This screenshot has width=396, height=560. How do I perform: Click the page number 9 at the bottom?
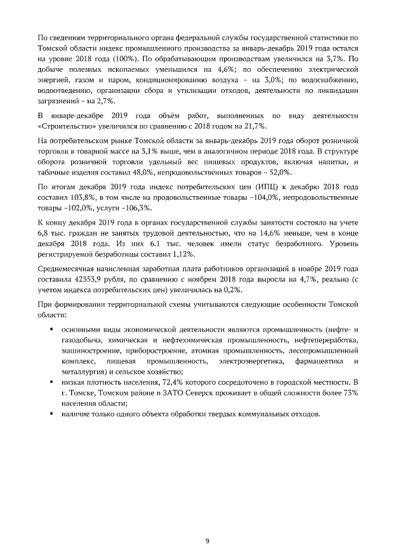click(207, 523)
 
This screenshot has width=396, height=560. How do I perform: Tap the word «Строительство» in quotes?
click(65, 126)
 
